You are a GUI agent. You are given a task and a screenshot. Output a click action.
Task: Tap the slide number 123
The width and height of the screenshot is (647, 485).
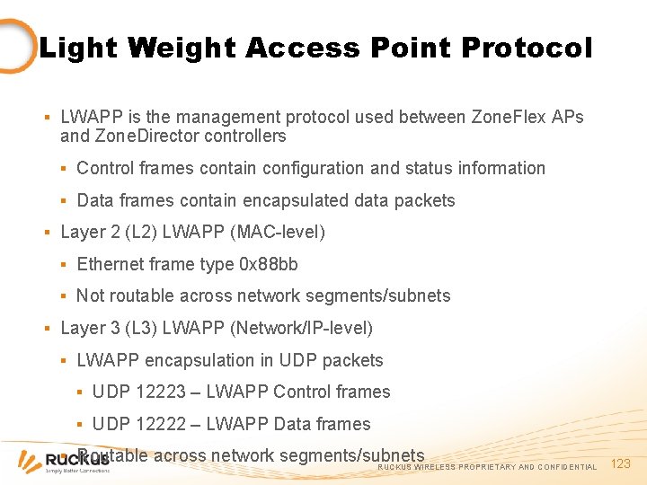click(x=621, y=463)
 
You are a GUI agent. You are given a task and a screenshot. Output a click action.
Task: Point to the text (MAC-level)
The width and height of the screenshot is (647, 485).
click(x=278, y=232)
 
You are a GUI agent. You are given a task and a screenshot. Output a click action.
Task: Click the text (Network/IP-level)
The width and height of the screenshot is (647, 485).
click(x=301, y=328)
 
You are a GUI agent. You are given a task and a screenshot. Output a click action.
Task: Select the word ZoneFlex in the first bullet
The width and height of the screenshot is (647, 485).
click(x=503, y=117)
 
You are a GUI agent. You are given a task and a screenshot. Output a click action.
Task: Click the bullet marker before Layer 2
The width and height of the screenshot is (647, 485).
click(x=47, y=233)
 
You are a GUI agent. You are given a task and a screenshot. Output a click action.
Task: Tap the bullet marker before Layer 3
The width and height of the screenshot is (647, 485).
click(x=47, y=329)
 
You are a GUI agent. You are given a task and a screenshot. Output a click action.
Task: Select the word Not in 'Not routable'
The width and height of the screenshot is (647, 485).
click(x=91, y=295)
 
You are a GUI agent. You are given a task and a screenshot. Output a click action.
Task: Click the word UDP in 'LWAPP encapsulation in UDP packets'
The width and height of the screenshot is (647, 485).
click(x=297, y=360)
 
